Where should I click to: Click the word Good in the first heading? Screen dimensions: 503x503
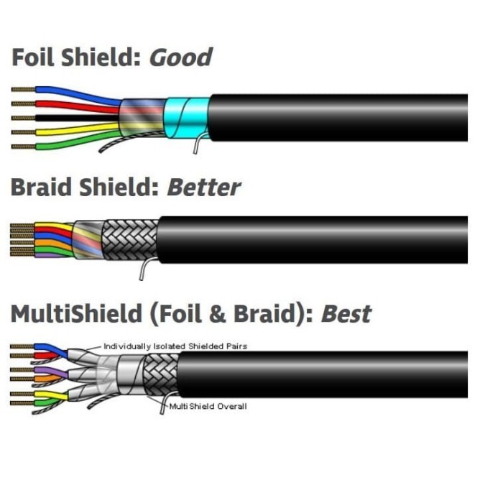tap(180, 57)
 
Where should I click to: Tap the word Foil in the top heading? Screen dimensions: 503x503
tap(35, 57)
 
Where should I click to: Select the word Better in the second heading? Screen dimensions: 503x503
tap(204, 188)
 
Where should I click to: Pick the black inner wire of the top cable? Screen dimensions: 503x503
tap(72, 117)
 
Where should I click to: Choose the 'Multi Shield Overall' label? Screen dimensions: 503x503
tap(208, 407)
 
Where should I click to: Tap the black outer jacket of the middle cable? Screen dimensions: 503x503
tap(309, 239)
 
